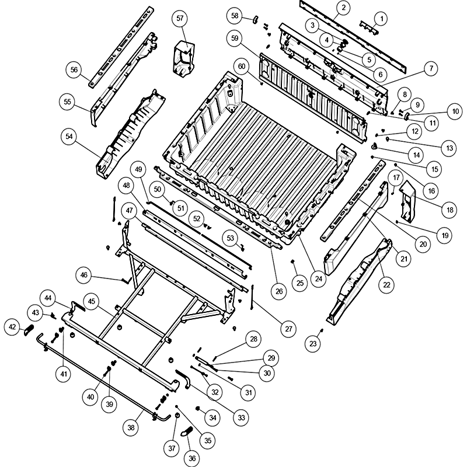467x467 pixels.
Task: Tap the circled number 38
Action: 132,428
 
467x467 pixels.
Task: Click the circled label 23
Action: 313,344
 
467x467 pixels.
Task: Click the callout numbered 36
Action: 192,458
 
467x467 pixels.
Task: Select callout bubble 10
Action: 453,110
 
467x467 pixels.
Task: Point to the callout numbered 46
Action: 85,275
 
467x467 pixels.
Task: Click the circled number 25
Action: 299,283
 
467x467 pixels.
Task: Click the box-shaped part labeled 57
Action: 183,55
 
